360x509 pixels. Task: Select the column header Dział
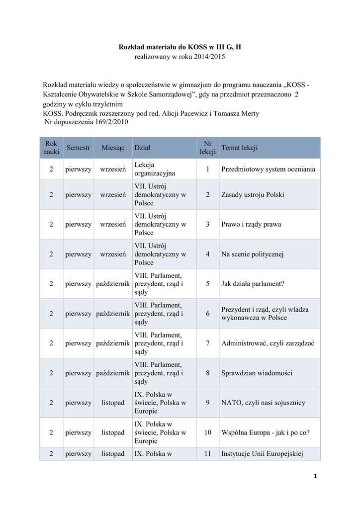point(142,148)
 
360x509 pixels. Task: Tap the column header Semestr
point(78,148)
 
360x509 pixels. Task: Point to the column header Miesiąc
point(112,148)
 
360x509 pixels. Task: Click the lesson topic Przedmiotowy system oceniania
point(268,170)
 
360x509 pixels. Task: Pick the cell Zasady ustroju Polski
point(252,195)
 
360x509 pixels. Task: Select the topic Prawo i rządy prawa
point(251,225)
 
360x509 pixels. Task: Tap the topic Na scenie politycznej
point(252,254)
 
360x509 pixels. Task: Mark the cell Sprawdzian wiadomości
point(257,373)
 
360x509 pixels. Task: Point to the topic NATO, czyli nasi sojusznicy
point(263,403)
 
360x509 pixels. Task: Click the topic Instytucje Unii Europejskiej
point(262,453)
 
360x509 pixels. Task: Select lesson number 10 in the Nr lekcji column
point(207,432)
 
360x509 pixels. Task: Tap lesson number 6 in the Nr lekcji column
point(207,314)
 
